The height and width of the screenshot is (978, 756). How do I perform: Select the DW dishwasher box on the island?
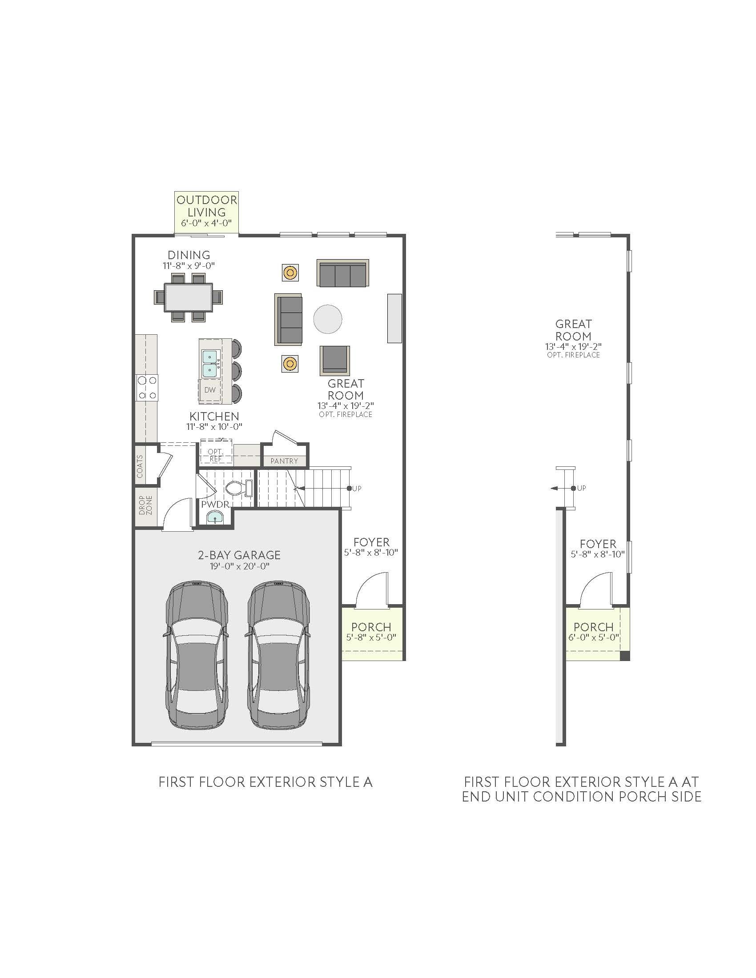pos(209,389)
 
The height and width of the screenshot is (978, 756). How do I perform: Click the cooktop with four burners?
pos(147,387)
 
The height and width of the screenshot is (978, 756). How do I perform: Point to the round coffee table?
pos(328,319)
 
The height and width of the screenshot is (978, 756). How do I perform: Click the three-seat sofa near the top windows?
pos(342,273)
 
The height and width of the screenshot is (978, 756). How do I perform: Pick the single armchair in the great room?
pos(334,360)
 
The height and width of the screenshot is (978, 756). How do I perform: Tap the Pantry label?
pos(285,461)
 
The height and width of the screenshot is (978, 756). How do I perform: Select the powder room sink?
pos(216,518)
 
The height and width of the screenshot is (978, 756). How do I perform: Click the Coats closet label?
pos(140,466)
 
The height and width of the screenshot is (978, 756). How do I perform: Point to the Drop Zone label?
pos(145,505)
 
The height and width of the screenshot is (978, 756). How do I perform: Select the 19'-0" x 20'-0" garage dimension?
pos(240,566)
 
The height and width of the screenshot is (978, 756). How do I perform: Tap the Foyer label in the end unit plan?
pos(598,544)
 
